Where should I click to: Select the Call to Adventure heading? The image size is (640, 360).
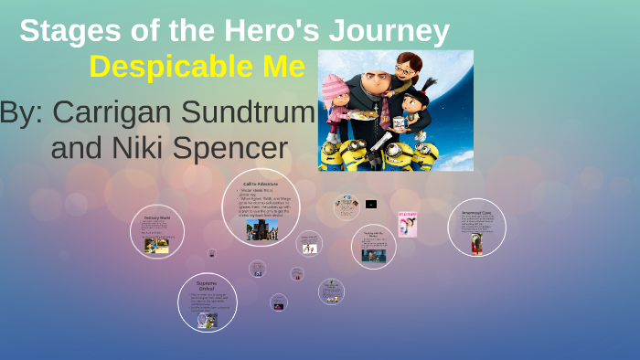(261, 184)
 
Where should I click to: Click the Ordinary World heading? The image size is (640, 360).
(157, 218)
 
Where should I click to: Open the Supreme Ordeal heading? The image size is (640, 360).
(208, 286)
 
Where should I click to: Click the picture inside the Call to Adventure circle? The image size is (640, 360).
(261, 229)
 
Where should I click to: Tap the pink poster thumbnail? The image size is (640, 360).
(407, 224)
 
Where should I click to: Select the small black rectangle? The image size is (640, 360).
(371, 204)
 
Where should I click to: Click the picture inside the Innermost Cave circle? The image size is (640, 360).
(476, 243)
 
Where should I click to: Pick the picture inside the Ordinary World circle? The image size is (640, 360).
(156, 246)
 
